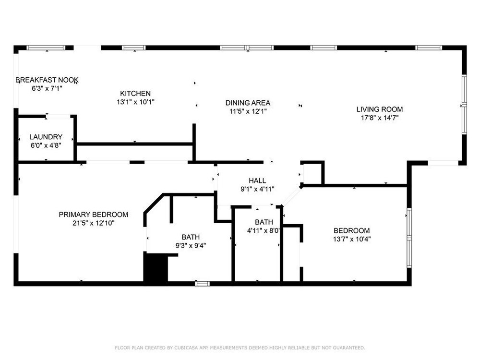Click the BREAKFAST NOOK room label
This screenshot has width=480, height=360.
(47, 80)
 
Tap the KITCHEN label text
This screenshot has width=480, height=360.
(135, 94)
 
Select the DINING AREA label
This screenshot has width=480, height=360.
(248, 103)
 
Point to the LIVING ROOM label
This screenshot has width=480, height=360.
(380, 109)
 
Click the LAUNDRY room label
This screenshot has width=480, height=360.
(46, 137)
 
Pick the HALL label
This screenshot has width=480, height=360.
(257, 180)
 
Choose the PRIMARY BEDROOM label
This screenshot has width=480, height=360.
(94, 215)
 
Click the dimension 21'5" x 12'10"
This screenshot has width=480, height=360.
(94, 223)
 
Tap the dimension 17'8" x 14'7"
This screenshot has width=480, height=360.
(380, 118)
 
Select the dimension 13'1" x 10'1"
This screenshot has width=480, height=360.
(135, 102)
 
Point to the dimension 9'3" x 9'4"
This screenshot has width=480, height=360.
(191, 245)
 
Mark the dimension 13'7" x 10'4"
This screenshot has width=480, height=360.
(352, 239)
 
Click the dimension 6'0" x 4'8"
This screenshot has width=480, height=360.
(46, 145)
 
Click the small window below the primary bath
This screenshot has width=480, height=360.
(203, 284)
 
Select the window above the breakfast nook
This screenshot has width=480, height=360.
(46, 48)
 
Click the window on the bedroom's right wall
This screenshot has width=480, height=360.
(409, 238)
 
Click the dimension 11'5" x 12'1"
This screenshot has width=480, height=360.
(248, 111)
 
